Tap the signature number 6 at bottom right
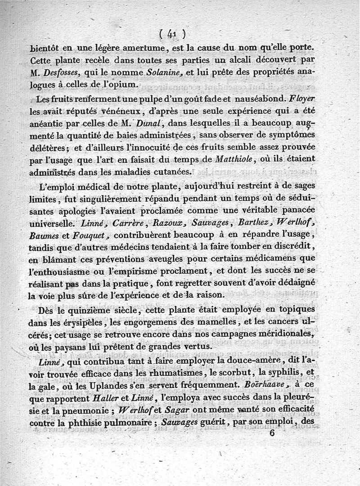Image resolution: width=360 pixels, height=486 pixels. coord(272,433)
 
